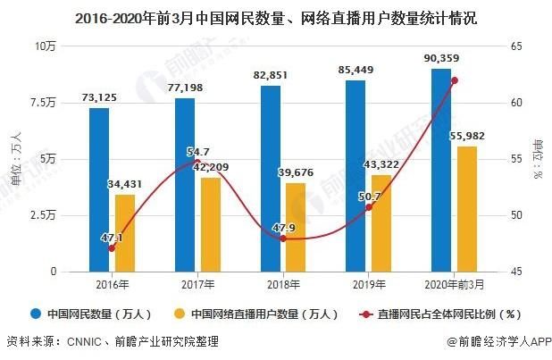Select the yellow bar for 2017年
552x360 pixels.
210,224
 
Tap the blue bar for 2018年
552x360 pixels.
271,179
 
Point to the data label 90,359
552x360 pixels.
441,59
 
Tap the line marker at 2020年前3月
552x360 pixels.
455,80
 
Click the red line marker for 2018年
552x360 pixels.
283,239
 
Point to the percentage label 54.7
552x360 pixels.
198,152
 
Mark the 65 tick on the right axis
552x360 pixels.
516,46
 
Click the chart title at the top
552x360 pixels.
276,16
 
